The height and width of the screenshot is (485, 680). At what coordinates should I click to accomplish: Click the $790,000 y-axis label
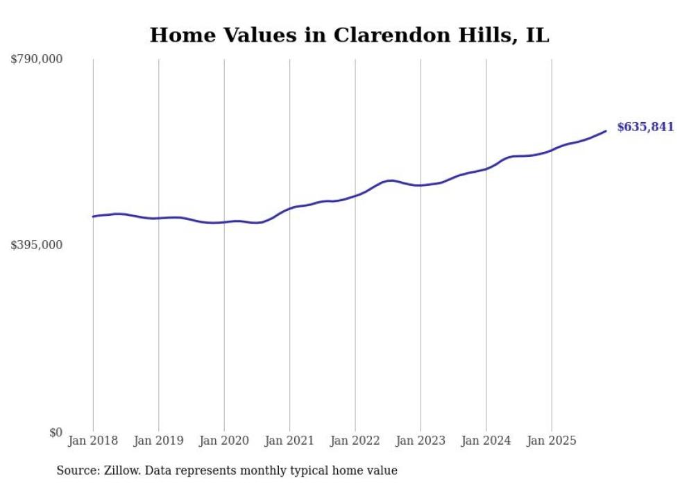pos(37,60)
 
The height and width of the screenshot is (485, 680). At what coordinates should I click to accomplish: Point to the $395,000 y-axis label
pos(37,245)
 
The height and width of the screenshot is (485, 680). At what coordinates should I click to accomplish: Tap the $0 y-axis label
pos(56,432)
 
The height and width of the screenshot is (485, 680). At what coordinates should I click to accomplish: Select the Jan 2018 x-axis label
pos(93,441)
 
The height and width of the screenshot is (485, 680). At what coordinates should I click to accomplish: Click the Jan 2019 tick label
pos(159,441)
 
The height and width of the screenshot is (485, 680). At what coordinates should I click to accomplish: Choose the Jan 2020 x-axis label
pos(224,441)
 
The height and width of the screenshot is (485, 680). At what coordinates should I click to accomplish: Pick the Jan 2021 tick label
pos(290,441)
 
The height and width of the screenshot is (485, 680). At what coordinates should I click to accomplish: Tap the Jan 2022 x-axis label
pos(355,441)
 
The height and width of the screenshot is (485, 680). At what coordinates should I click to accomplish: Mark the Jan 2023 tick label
pos(421,441)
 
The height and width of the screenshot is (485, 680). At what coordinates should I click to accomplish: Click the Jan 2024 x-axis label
pos(486,441)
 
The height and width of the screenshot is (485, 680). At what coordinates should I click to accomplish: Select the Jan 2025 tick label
pos(552,441)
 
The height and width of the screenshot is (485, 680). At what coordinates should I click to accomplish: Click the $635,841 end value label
pos(645,127)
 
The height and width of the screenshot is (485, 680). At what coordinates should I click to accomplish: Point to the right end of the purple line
pos(606,131)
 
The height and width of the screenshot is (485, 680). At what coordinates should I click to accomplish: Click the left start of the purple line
pos(93,216)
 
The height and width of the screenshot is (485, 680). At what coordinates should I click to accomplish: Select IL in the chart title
pos(537,35)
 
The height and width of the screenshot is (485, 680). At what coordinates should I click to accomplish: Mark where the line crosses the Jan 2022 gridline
pos(355,196)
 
